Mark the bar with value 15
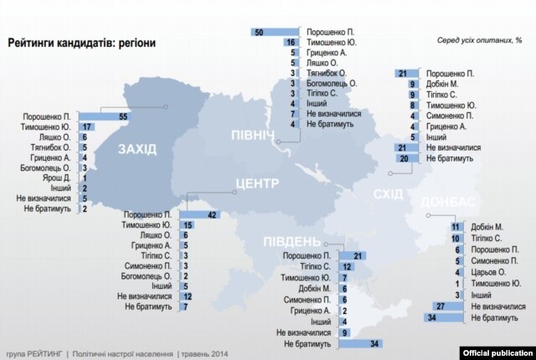click(x=188, y=225)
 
